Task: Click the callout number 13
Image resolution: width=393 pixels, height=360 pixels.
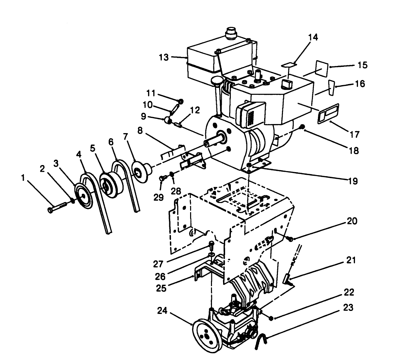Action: pyautogui.click(x=165, y=57)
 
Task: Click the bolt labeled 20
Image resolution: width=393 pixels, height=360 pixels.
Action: pyautogui.click(x=289, y=239)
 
